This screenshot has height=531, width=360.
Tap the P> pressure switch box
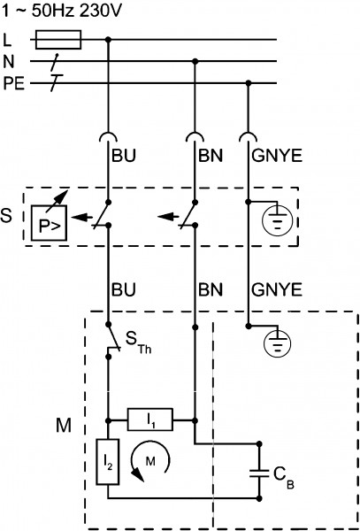(49, 223)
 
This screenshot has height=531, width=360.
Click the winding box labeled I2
(108, 462)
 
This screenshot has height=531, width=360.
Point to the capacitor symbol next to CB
(259, 473)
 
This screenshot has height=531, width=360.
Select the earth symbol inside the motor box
(277, 343)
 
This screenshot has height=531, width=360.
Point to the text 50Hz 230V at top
(76, 12)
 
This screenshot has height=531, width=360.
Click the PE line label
(14, 84)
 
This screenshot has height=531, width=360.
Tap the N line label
(9, 62)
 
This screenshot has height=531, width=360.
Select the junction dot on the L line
(108, 40)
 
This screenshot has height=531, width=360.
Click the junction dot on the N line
(195, 61)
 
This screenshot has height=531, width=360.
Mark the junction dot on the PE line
(249, 83)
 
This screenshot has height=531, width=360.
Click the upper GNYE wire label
(277, 156)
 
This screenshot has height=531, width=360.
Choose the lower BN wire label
(211, 290)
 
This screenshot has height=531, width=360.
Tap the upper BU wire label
(124, 156)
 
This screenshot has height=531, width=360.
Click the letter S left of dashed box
(6, 217)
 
